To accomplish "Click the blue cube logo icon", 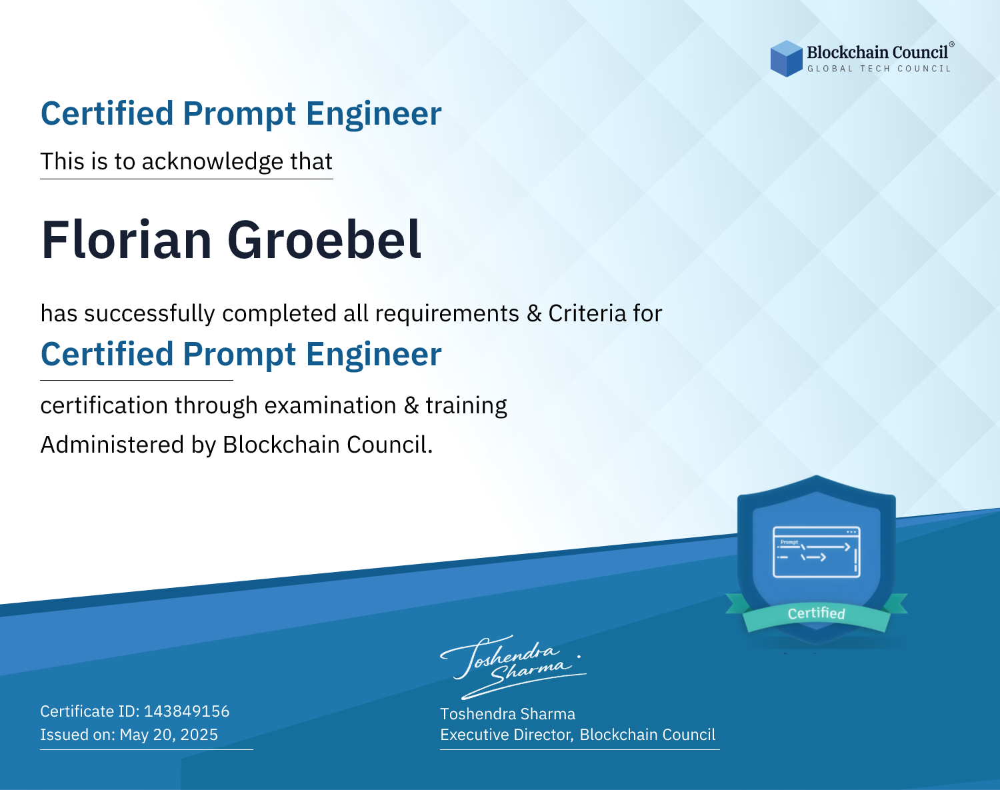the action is (786, 59).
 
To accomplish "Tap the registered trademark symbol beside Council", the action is (952, 45).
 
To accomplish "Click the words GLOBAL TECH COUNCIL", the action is (879, 69).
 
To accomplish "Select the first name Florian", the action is (127, 240).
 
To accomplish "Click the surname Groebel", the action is (324, 240).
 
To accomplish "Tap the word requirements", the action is (447, 315).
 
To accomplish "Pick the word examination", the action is (331, 405).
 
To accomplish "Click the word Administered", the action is (113, 445).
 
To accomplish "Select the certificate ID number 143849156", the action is (187, 711).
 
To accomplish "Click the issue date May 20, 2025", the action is (169, 735).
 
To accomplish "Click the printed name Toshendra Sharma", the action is (507, 714).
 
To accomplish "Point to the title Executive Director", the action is (506, 735).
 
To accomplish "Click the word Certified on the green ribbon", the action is (817, 613).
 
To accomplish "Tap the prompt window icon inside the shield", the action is (817, 552).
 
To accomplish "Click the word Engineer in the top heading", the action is (373, 114).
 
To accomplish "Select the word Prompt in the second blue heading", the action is (239, 355).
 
